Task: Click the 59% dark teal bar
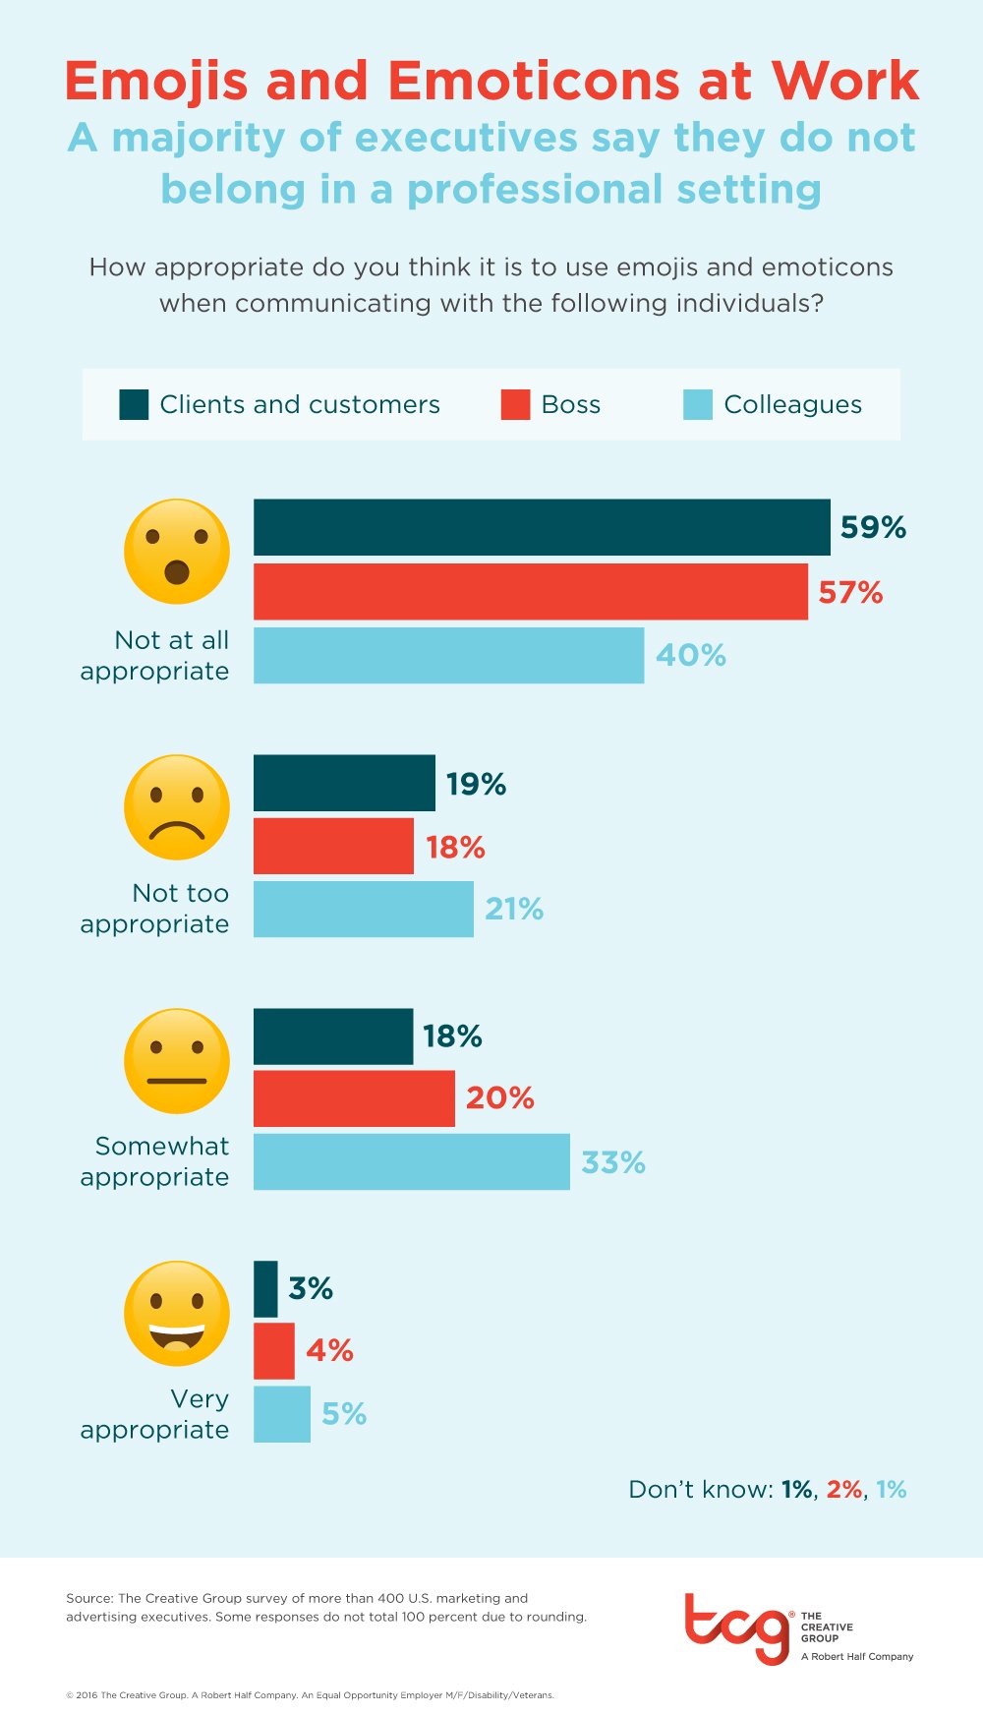pyautogui.click(x=541, y=527)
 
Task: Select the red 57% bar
pyautogui.click(x=531, y=591)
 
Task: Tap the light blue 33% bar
pyautogui.click(x=411, y=1161)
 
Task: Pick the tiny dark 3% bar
pyautogui.click(x=265, y=1288)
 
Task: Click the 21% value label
pyautogui.click(x=513, y=909)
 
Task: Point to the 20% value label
pyautogui.click(x=499, y=1097)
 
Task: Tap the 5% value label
pyautogui.click(x=344, y=1414)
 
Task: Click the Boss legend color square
pyautogui.click(x=515, y=404)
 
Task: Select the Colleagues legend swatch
pyautogui.click(x=697, y=404)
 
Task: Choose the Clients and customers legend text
pyautogui.click(x=299, y=404)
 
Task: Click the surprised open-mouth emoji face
pyautogui.click(x=177, y=551)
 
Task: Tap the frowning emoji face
pyautogui.click(x=177, y=806)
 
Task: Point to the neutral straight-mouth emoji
pyautogui.click(x=177, y=1060)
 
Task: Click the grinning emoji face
pyautogui.click(x=177, y=1313)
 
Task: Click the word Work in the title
pyautogui.click(x=844, y=81)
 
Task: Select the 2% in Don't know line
pyautogui.click(x=843, y=1489)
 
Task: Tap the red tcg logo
pyautogui.click(x=737, y=1628)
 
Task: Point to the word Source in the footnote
pyautogui.click(x=88, y=1598)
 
